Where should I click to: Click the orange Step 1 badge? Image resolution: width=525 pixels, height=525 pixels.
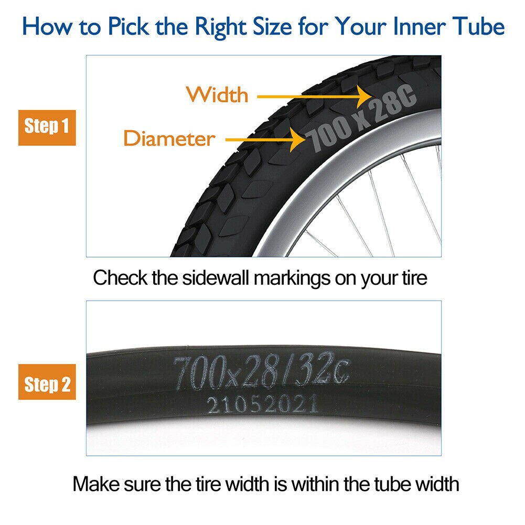pos(47,127)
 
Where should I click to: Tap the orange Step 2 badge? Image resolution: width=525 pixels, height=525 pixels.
pos(47,384)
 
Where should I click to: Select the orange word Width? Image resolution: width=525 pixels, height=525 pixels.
pos(217,95)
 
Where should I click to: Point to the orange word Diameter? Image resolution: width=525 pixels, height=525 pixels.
pos(169,139)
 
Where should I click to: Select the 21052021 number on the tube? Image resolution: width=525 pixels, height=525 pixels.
pos(262,404)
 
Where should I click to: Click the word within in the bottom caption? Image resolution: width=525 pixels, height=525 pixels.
pos(318,483)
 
